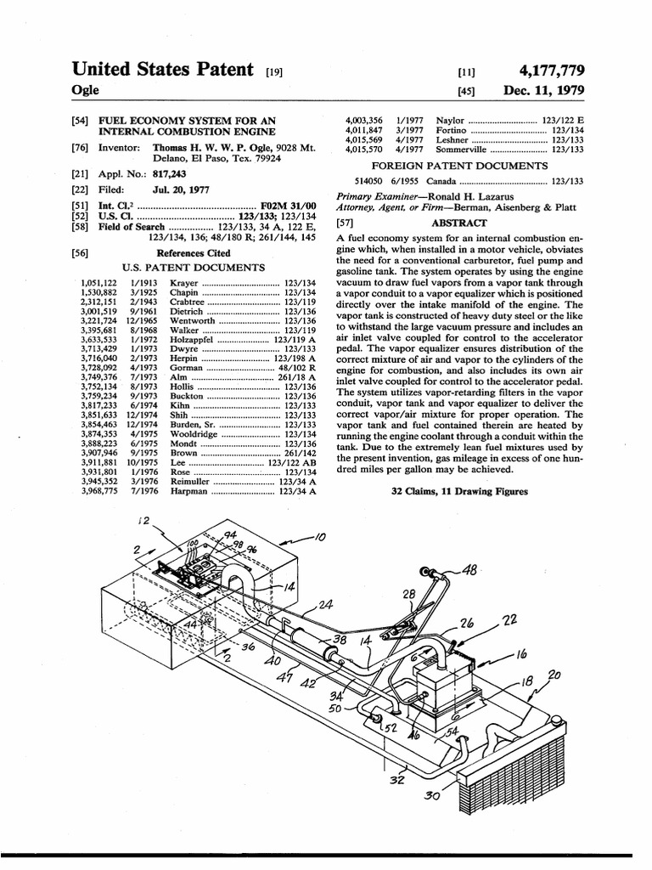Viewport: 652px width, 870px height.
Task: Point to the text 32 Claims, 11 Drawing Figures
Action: coord(459,491)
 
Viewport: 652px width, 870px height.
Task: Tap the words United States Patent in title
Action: coord(164,69)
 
